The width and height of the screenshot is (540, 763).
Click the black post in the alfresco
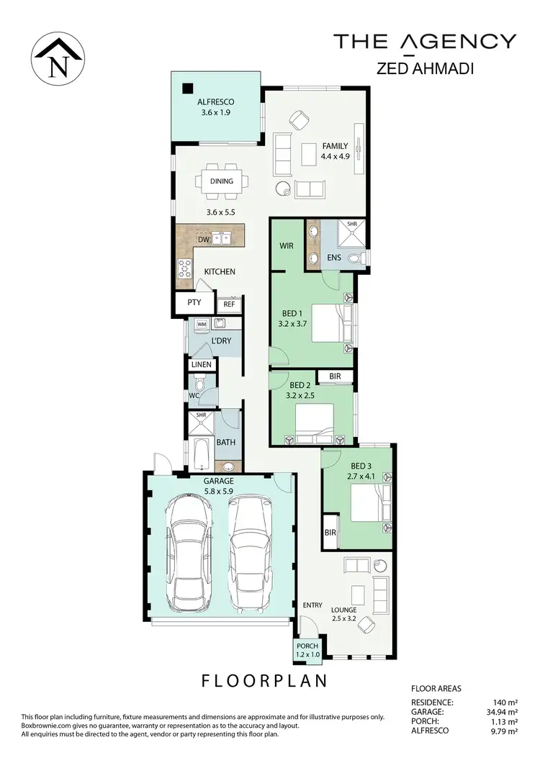[187, 89]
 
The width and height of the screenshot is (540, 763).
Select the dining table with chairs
[222, 181]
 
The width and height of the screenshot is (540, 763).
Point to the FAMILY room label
[336, 146]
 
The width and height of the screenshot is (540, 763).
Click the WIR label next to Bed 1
[287, 245]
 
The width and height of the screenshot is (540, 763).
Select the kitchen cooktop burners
[184, 268]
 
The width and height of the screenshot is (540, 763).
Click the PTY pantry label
[194, 303]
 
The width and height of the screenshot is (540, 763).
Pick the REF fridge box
[229, 304]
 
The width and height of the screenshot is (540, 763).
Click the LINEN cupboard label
[202, 365]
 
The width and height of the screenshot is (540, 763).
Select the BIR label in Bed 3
[330, 533]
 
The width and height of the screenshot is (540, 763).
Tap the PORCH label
[308, 646]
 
